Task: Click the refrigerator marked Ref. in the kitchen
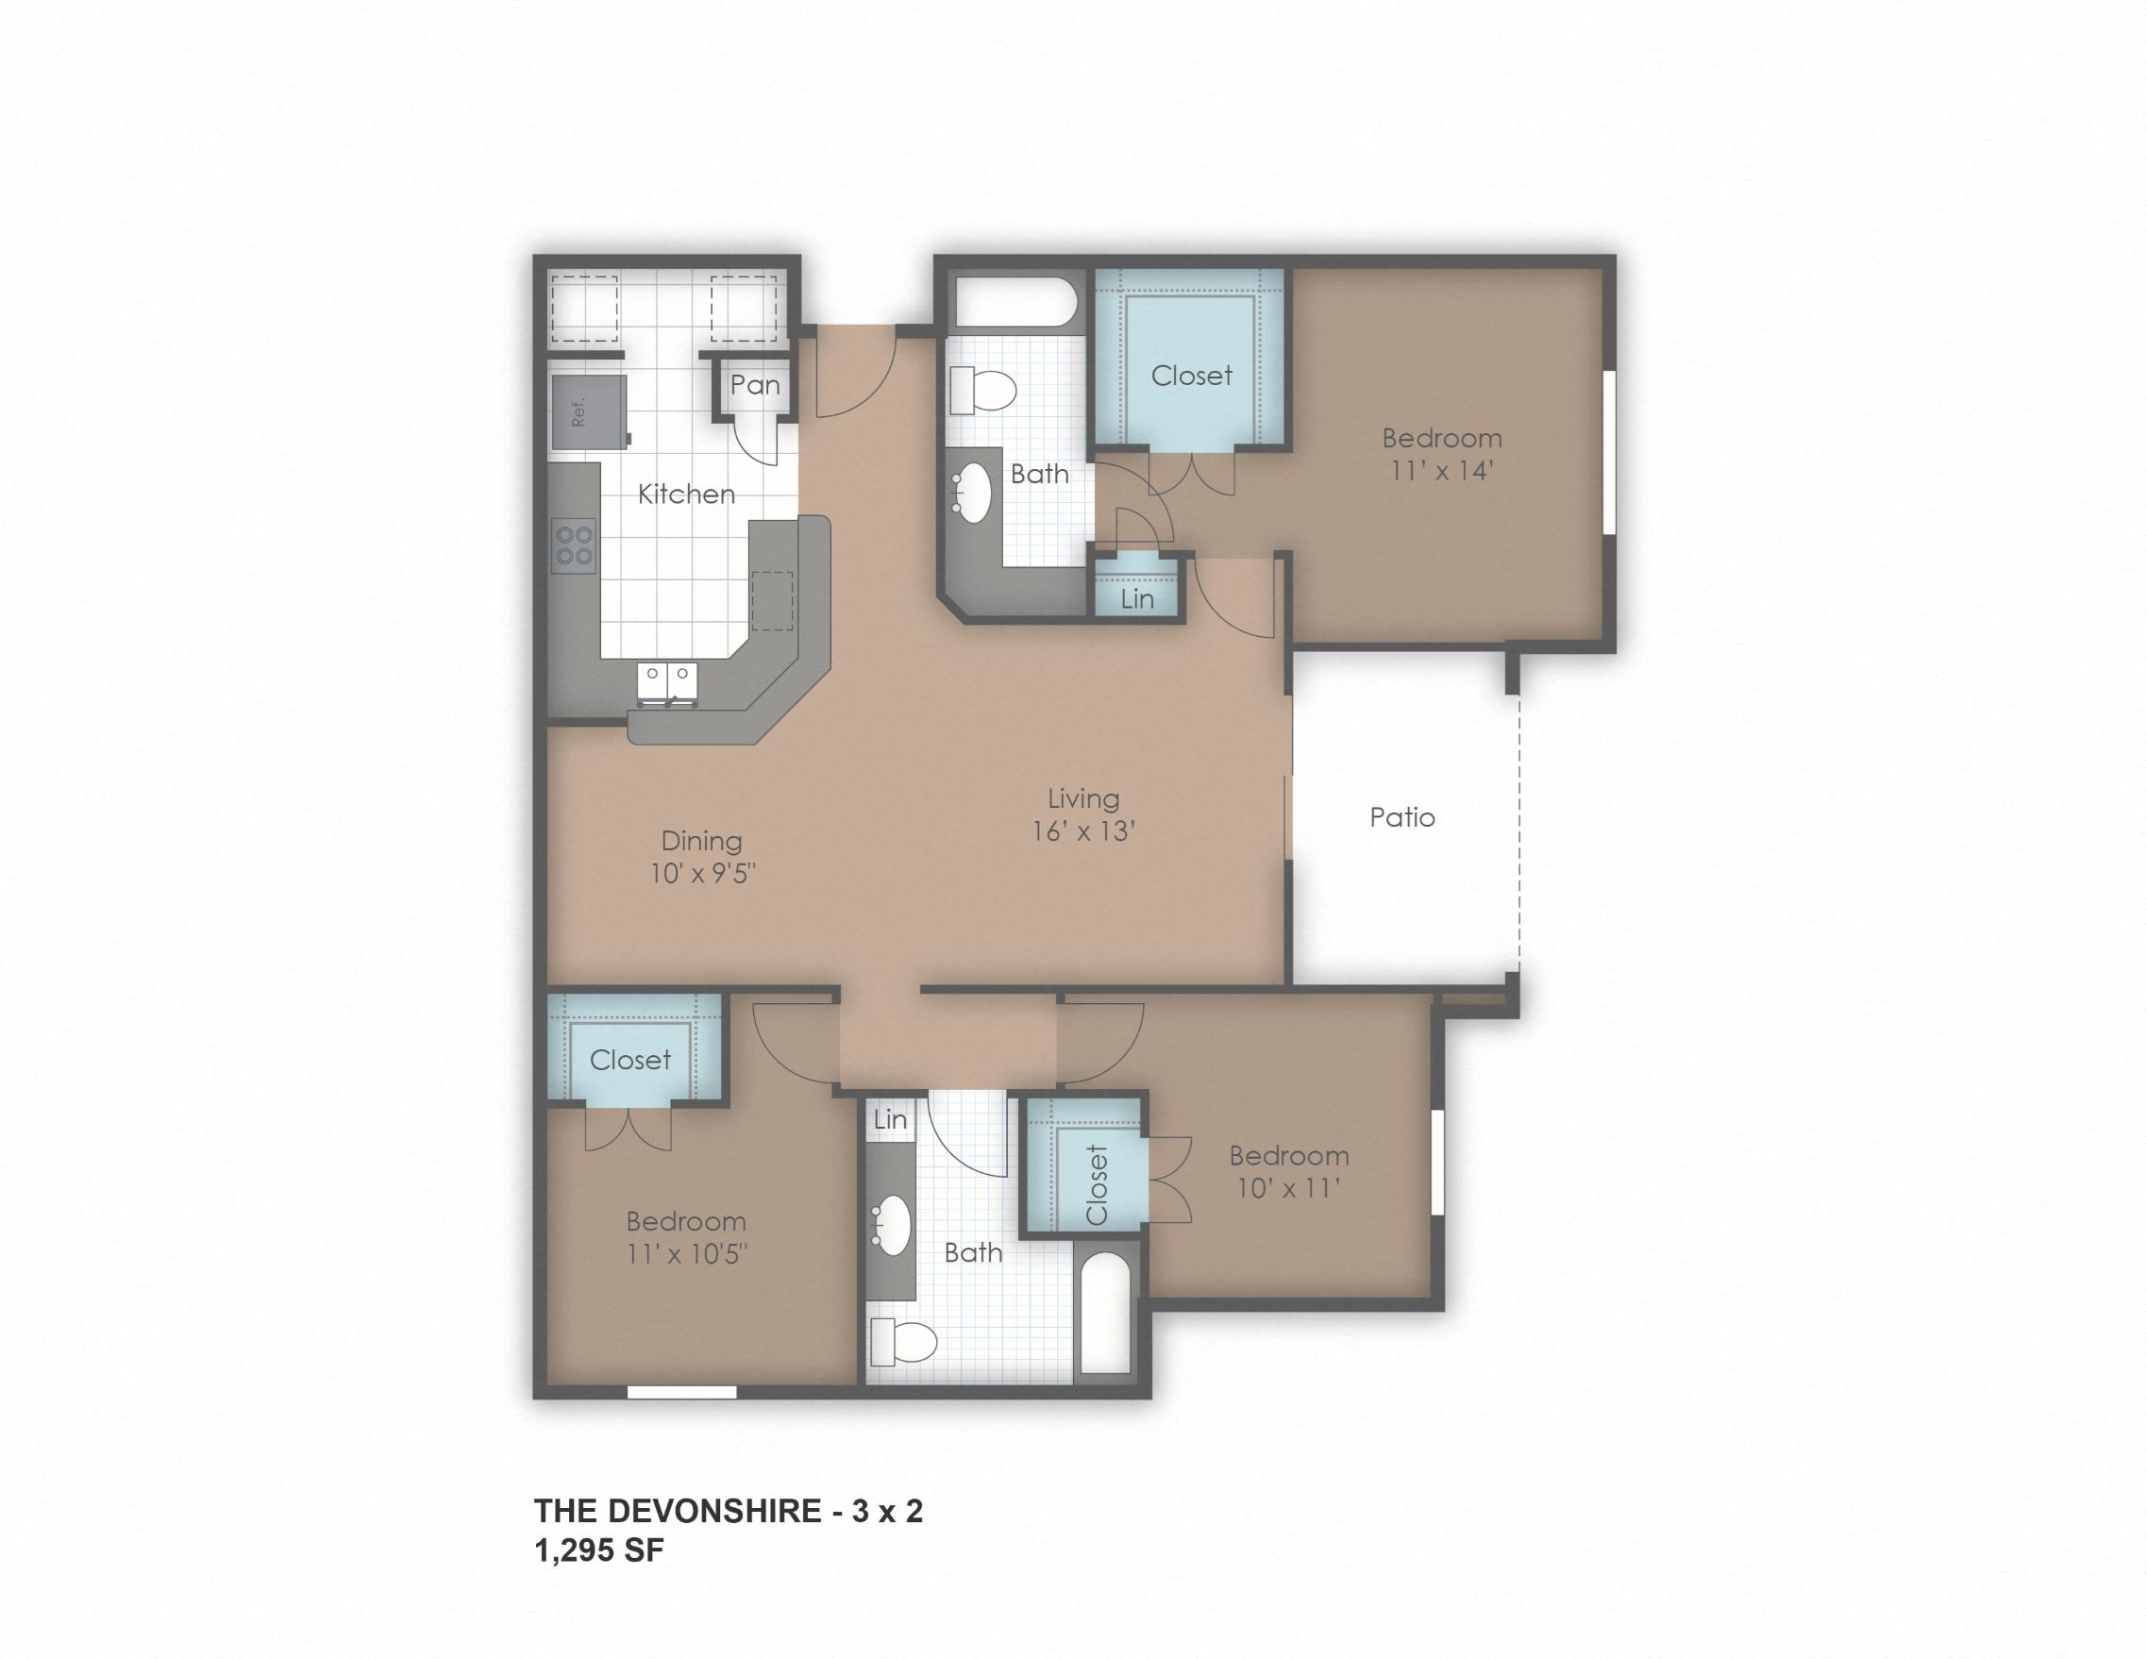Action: [588, 411]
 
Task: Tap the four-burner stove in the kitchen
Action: [574, 545]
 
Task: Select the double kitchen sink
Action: [667, 682]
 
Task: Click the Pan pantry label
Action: [755, 385]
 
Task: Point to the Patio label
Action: [1401, 818]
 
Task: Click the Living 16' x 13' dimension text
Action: [1083, 831]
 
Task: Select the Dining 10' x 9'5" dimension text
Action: [702, 873]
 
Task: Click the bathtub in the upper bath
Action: [1017, 302]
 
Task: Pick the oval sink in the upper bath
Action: [974, 492]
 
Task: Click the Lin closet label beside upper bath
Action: [1137, 598]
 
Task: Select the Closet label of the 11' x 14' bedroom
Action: [1191, 376]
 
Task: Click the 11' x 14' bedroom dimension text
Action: [1441, 471]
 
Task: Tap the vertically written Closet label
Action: [1097, 1184]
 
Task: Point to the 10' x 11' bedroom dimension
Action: [1288, 1188]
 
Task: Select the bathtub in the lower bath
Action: [1106, 1313]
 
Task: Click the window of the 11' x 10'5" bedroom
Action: [681, 1392]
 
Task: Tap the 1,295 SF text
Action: [598, 1550]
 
